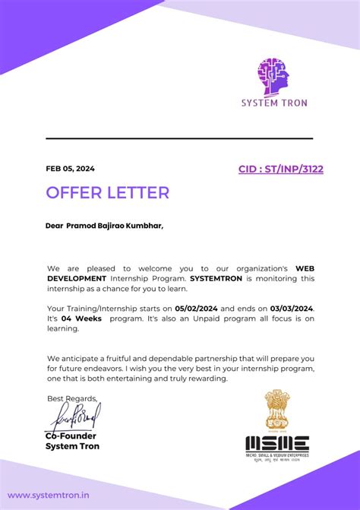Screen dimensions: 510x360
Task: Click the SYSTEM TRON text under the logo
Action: [x=273, y=103]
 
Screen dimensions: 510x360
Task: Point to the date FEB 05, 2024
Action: [x=71, y=169]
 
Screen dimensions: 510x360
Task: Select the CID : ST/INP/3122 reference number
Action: [x=280, y=169]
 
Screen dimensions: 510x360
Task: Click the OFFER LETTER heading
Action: [x=107, y=193]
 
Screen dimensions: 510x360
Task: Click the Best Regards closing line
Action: [x=72, y=398]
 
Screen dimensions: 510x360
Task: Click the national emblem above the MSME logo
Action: [x=276, y=410]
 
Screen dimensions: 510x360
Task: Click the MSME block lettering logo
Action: [x=276, y=444]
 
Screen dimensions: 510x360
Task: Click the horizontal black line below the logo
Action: [x=179, y=138]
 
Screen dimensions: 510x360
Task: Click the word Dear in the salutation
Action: [x=54, y=226]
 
